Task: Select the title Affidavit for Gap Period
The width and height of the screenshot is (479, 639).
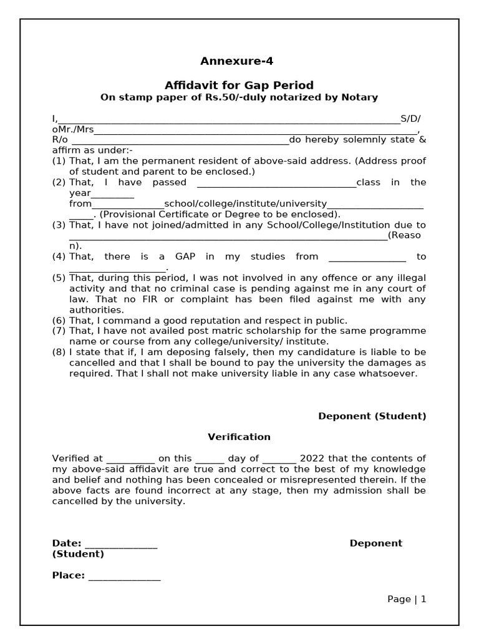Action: point(239,85)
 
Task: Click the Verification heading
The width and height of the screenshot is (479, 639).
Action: point(239,437)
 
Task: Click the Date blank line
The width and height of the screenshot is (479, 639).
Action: point(120,544)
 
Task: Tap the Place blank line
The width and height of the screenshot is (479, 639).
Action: point(124,576)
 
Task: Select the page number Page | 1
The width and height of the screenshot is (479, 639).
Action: point(407,599)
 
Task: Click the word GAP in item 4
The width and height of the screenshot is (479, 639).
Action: point(185,256)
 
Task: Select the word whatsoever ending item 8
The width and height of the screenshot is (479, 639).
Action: point(389,374)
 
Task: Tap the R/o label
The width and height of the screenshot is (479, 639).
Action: point(60,140)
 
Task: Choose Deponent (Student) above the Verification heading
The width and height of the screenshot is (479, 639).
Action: point(372,416)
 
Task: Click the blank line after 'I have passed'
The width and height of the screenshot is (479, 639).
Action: point(276,183)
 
